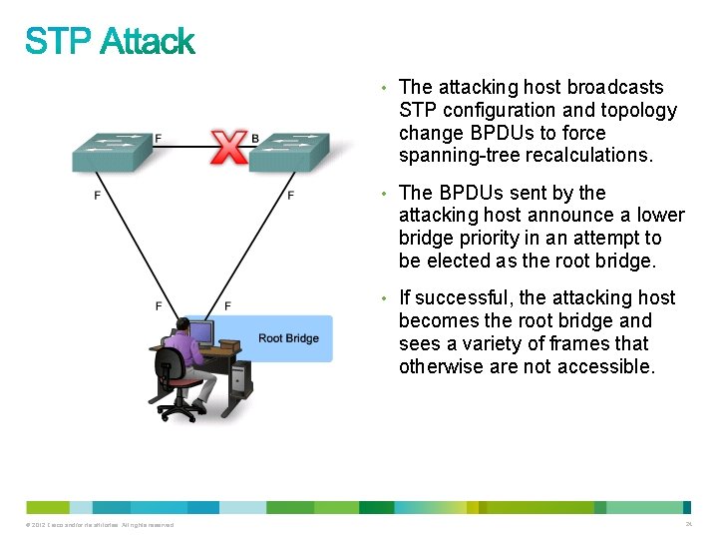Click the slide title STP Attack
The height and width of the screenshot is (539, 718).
110,42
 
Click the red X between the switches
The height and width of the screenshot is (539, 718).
230,148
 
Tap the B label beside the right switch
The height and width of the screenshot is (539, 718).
255,138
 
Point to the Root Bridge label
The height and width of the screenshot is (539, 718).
288,338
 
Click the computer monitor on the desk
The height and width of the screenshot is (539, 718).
199,331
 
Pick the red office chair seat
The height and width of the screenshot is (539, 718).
181,381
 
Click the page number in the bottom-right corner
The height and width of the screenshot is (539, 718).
688,524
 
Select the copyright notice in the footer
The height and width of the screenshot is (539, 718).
96,525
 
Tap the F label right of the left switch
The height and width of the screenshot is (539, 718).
158,138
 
